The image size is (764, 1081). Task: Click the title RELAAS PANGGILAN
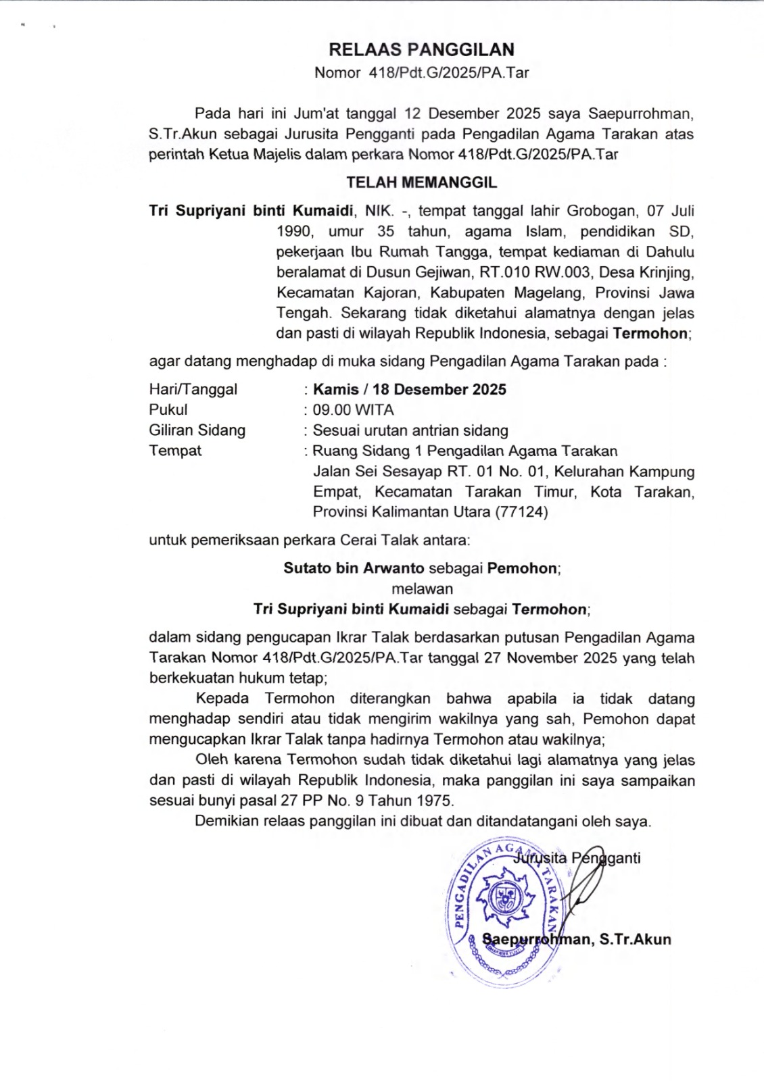pyautogui.click(x=421, y=50)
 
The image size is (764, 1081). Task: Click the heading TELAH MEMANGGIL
pyautogui.click(x=421, y=182)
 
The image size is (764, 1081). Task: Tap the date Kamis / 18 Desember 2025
pyautogui.click(x=409, y=390)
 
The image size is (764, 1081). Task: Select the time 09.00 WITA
pyautogui.click(x=353, y=410)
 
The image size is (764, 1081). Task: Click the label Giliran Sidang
pyautogui.click(x=197, y=430)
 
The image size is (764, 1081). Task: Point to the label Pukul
pyautogui.click(x=168, y=410)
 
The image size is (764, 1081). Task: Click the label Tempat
pyautogui.click(x=175, y=451)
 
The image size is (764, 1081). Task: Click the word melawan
pyautogui.click(x=422, y=589)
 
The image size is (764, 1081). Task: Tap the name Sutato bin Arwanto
pyautogui.click(x=354, y=569)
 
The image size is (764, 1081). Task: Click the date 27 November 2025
pyautogui.click(x=550, y=658)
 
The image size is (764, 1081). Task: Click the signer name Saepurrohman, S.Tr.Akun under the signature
pyautogui.click(x=577, y=940)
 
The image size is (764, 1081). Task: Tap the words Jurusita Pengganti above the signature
pyautogui.click(x=577, y=859)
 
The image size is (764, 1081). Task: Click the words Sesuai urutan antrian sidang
pyautogui.click(x=410, y=430)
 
